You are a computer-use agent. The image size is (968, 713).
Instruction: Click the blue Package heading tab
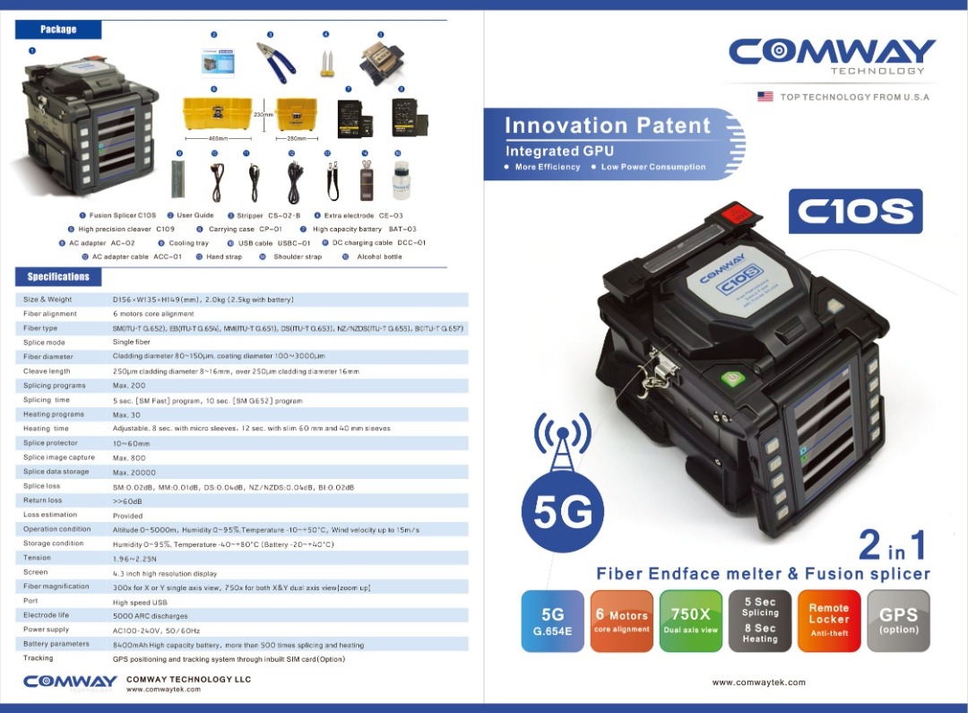(x=58, y=30)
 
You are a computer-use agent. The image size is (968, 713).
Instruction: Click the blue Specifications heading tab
(x=58, y=277)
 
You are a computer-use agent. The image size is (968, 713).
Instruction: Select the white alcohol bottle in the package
(x=400, y=179)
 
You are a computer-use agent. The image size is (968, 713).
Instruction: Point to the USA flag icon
(x=765, y=97)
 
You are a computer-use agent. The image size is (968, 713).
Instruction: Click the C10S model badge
(x=855, y=212)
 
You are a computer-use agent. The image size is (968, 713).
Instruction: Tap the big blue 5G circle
(x=563, y=512)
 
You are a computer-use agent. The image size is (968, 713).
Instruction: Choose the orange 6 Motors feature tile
(x=622, y=620)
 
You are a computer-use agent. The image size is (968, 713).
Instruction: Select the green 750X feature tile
(x=690, y=620)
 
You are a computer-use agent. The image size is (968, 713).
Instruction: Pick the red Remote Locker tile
(x=828, y=620)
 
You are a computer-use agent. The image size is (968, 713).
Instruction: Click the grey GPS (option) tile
(x=898, y=620)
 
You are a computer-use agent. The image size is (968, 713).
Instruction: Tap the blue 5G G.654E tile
(x=552, y=620)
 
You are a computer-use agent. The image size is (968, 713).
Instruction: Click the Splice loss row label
(x=42, y=486)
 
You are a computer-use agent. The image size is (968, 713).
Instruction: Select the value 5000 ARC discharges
(x=151, y=616)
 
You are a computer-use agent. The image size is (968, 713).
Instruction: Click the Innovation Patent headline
(x=607, y=126)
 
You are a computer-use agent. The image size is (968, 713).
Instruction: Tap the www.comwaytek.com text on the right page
(x=758, y=683)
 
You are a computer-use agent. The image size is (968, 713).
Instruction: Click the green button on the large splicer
(x=728, y=380)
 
